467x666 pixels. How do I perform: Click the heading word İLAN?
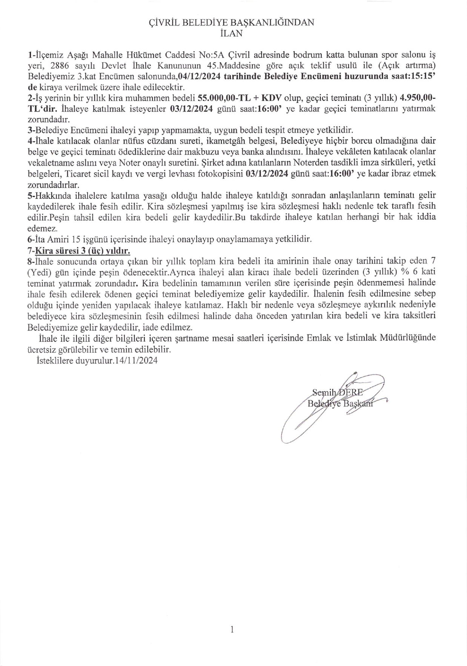[231, 33]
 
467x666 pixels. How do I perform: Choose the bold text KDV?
[275, 98]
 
